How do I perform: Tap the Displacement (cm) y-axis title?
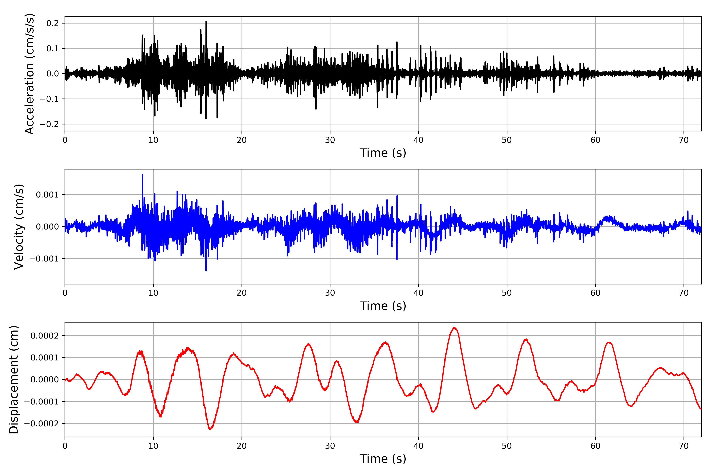(x=14, y=379)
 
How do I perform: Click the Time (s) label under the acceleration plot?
(x=383, y=153)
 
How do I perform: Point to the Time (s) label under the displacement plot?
(x=383, y=459)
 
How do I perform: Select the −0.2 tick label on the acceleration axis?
(x=49, y=124)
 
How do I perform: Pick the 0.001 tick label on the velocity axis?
(x=47, y=195)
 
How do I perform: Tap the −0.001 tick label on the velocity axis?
(x=44, y=259)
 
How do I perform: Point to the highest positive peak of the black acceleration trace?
(x=206, y=22)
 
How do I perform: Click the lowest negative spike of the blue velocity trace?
(x=206, y=271)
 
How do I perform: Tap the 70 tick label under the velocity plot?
(x=684, y=293)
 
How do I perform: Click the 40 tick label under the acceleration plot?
(x=418, y=140)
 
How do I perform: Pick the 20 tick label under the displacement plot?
(x=242, y=446)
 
